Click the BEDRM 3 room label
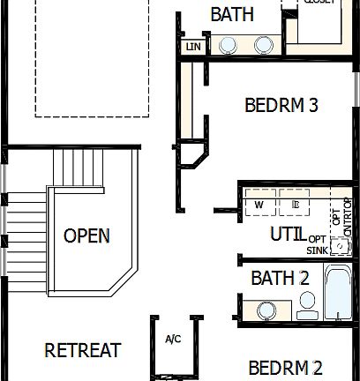click(x=281, y=105)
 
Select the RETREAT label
click(x=82, y=350)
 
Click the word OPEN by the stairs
click(x=86, y=235)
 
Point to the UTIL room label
click(x=288, y=234)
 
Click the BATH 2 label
click(x=280, y=278)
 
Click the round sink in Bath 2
click(x=267, y=310)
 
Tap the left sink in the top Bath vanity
click(x=228, y=45)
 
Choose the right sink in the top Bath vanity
click(x=263, y=45)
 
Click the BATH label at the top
click(x=233, y=15)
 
